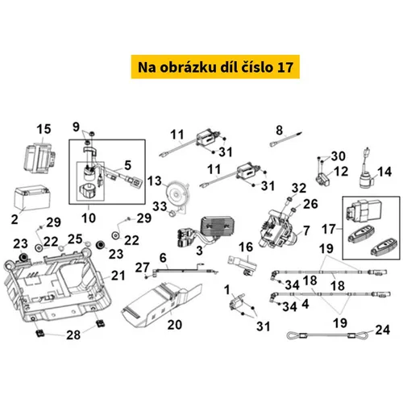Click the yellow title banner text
pos(215,67)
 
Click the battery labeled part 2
pos(32,197)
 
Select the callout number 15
pos(44,129)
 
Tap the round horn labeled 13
pos(177,193)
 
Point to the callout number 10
pos(89,218)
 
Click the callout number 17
pos(329,229)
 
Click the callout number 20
pos(175,325)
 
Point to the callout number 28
pos(73,335)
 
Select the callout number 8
pos(280,131)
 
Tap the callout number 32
pos(299,188)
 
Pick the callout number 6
pos(163,258)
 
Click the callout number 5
pos(128,165)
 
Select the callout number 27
pos(143,268)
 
